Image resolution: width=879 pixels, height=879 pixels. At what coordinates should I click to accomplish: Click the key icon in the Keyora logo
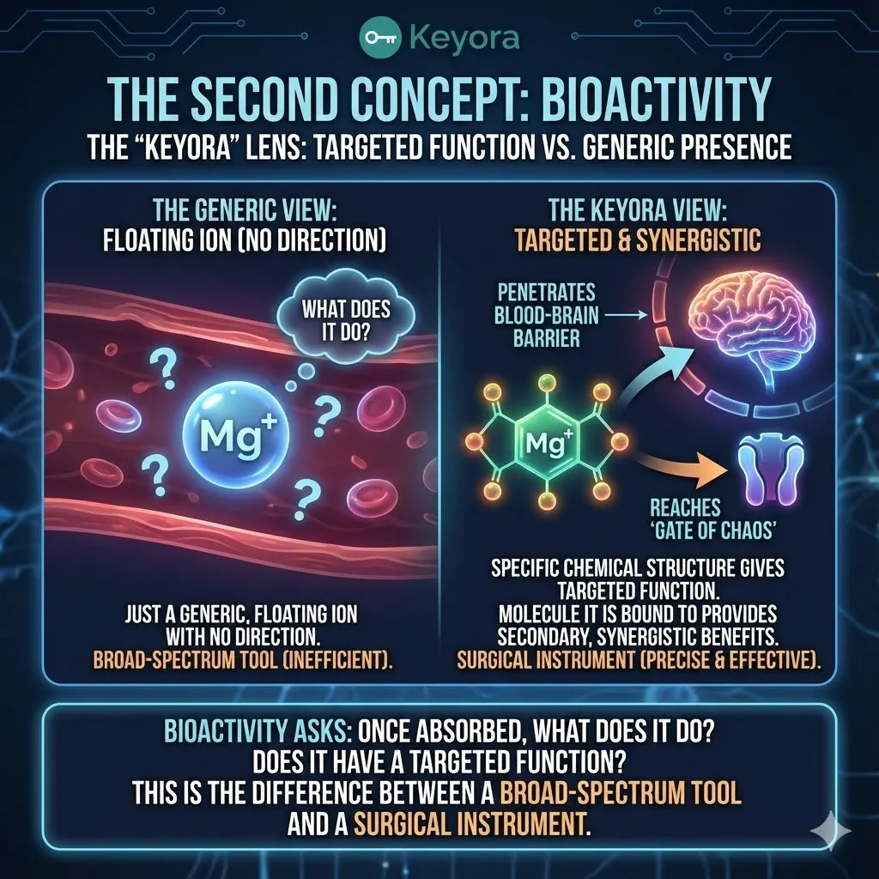click(380, 38)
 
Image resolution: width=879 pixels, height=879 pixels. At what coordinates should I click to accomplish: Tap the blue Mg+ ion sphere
click(236, 435)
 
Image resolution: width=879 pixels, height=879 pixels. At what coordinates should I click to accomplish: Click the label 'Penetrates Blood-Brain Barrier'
click(546, 316)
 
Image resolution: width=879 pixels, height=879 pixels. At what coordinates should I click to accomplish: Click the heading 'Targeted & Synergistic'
click(638, 240)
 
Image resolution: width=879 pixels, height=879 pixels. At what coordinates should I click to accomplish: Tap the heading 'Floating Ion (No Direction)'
click(245, 240)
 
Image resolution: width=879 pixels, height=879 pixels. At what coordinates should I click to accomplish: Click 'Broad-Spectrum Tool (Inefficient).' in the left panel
click(243, 660)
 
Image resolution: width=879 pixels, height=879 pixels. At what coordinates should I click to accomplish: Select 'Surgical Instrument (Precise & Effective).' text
click(639, 660)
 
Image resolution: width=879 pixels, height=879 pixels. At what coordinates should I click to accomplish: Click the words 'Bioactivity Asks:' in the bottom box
click(258, 731)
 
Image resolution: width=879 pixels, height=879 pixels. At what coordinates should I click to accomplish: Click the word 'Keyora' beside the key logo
click(464, 38)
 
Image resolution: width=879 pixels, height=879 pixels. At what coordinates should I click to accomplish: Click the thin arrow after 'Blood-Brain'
click(626, 316)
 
